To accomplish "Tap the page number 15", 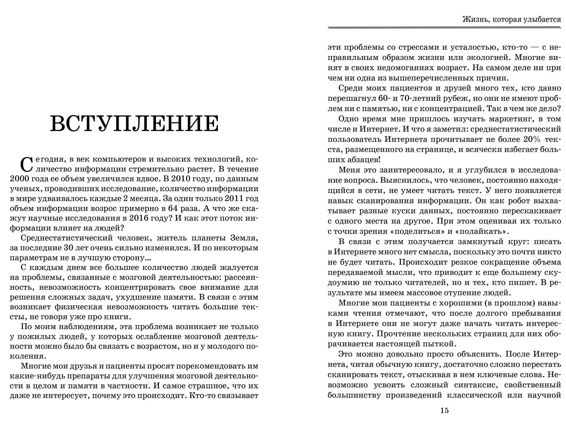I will [444, 410].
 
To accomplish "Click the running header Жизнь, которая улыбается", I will [512, 19].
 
